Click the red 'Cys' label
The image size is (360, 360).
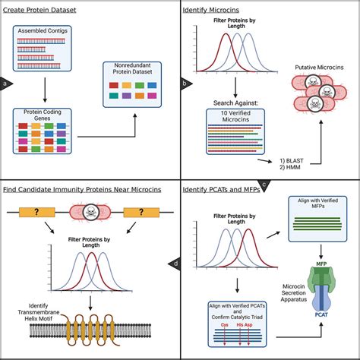tap(223, 321)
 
